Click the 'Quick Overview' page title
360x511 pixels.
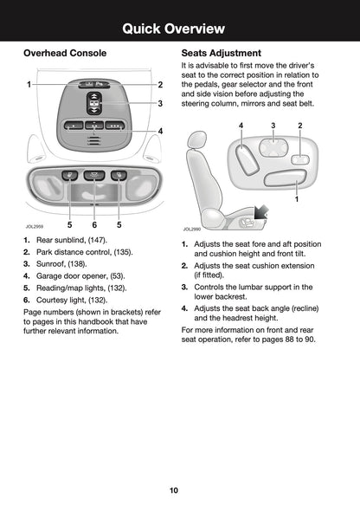pos(179,29)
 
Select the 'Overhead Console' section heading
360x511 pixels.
pos(65,54)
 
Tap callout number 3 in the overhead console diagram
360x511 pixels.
pos(160,103)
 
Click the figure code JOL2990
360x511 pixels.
pos(191,229)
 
